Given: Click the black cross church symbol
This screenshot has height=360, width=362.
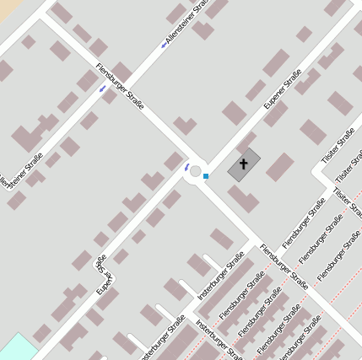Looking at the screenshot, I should pos(245,164).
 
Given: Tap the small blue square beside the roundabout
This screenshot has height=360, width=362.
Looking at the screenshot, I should pos(206,175).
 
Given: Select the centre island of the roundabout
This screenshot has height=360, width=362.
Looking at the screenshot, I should pos(196,172).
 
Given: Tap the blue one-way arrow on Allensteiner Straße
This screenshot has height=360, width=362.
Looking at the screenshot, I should pos(164,45).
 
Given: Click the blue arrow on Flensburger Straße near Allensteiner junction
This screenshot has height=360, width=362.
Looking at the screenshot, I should pos(102,88).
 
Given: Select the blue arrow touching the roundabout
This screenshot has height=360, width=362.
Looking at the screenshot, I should pos(186,167).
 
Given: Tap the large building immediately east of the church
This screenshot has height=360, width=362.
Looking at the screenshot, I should pos(280,166).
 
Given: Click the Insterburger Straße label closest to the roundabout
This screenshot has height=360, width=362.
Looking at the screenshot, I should pos(220,277).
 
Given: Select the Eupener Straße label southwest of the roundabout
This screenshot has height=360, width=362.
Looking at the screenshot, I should pos(103,275).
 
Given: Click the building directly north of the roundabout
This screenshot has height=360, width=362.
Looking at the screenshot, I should pos(185,126).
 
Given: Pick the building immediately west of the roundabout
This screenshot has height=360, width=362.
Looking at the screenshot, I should pos(172,162).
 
